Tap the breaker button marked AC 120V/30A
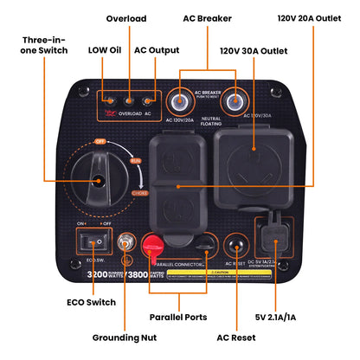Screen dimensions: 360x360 click(233, 102)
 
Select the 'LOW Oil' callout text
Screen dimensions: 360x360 click(103, 49)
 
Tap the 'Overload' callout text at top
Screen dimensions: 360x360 click(125, 18)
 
